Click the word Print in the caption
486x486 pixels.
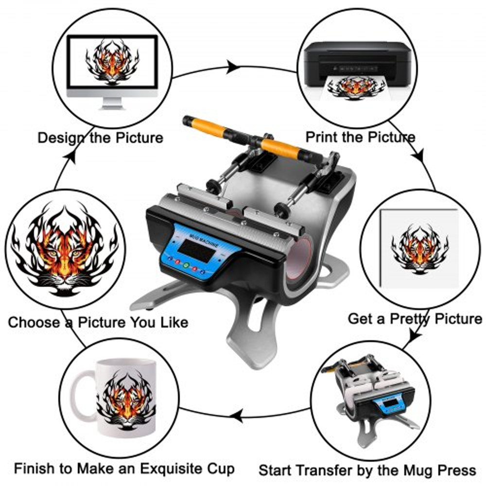[x=320, y=137]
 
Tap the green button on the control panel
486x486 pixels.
[x=186, y=265]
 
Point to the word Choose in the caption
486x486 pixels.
[x=34, y=322]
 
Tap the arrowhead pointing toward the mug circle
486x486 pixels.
[x=237, y=415]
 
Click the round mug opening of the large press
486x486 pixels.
[x=297, y=262]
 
